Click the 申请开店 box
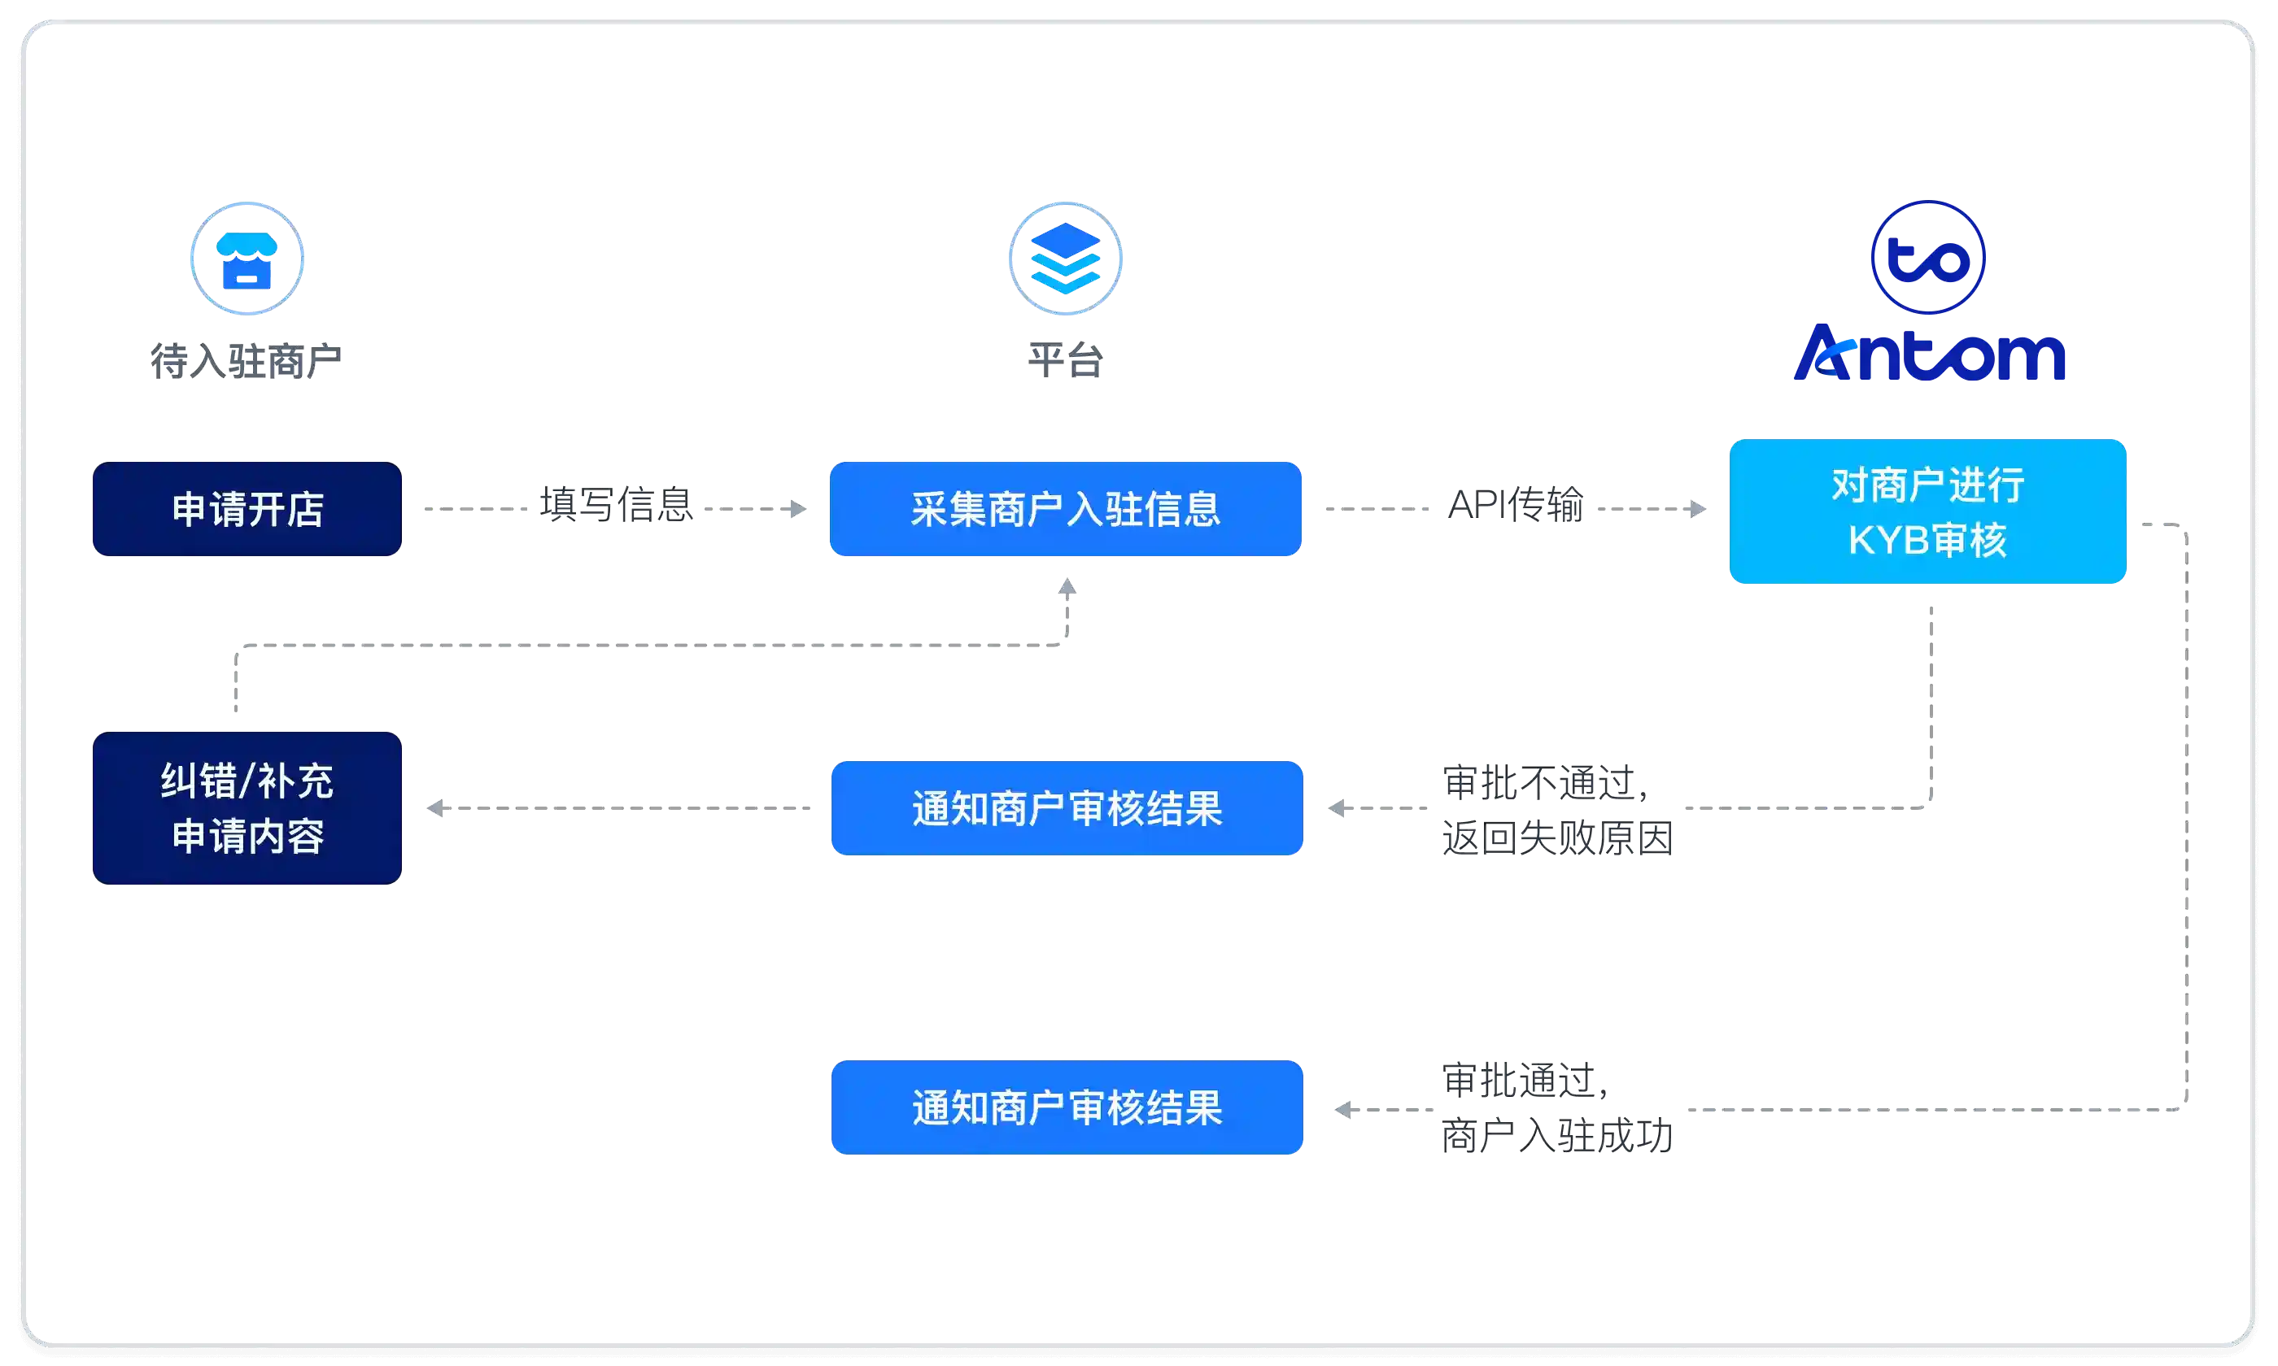pyautogui.click(x=247, y=509)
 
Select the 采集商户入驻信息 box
pyautogui.click(x=1065, y=509)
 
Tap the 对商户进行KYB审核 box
pyautogui.click(x=1927, y=511)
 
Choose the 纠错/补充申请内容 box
pyautogui.click(x=247, y=808)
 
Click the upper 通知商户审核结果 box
pyautogui.click(x=1067, y=808)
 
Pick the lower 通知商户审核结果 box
pyautogui.click(x=1067, y=1107)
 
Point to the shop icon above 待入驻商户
pyautogui.click(x=247, y=259)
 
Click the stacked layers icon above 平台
pyautogui.click(x=1065, y=259)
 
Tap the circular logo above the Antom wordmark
pyautogui.click(x=1928, y=258)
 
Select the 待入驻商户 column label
pyautogui.click(x=246, y=360)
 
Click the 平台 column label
pyautogui.click(x=1065, y=360)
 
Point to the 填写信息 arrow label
pyautogui.click(x=616, y=504)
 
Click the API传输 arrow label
pyautogui.click(x=1515, y=504)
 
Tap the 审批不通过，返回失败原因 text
pyautogui.click(x=1557, y=810)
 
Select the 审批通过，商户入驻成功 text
pyautogui.click(x=1557, y=1107)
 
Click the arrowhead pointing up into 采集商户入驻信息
pyautogui.click(x=1067, y=586)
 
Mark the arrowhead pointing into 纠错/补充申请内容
pyautogui.click(x=435, y=808)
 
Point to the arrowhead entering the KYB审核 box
pyautogui.click(x=1698, y=509)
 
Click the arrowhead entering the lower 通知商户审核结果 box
pyautogui.click(x=1343, y=1110)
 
